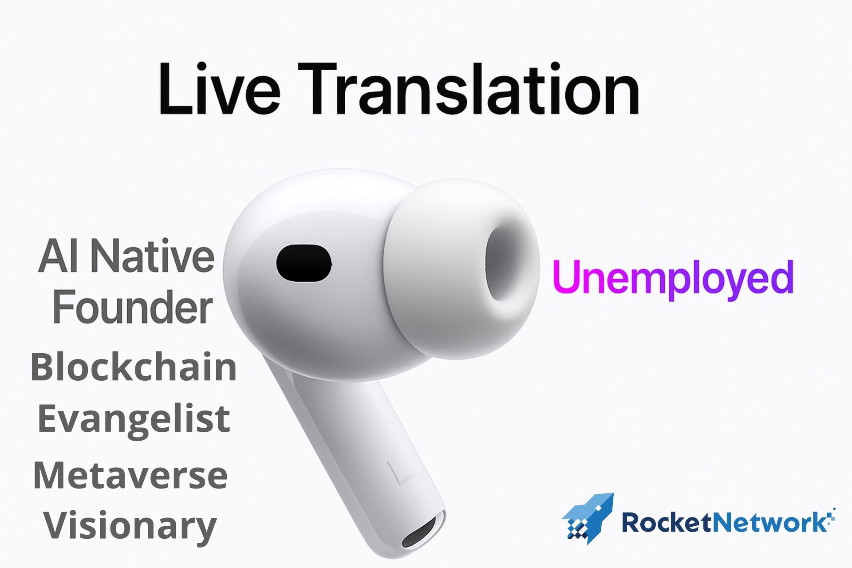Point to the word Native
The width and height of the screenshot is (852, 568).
click(x=153, y=256)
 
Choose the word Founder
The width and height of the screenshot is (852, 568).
click(x=133, y=307)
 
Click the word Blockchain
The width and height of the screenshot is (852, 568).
click(x=134, y=367)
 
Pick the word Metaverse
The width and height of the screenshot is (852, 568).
click(x=130, y=475)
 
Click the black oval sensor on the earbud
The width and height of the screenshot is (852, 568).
click(x=304, y=263)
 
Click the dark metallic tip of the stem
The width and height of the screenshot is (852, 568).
click(x=424, y=533)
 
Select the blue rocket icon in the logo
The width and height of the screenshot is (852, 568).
click(x=588, y=518)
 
